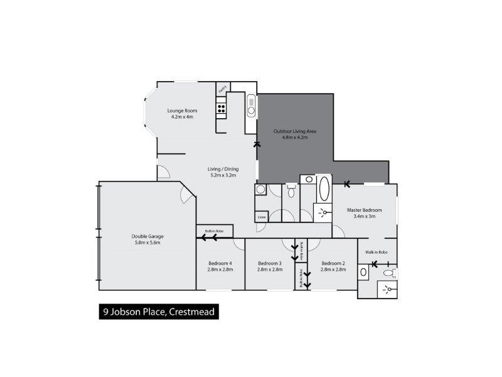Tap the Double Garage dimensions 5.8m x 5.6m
pos(147,243)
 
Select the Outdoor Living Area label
pos(294,131)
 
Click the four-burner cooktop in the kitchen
pos(222,111)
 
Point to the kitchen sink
pos(251,105)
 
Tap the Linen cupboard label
pos(261,217)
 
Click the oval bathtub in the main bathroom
pos(324,188)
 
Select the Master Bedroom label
pos(365,210)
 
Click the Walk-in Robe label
pos(376,252)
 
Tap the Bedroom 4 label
pos(220,263)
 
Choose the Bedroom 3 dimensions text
pos(269,269)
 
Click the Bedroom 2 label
pos(333,263)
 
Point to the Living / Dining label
pos(223,168)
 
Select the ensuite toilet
pos(390,273)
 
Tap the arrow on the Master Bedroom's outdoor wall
pos(347,184)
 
